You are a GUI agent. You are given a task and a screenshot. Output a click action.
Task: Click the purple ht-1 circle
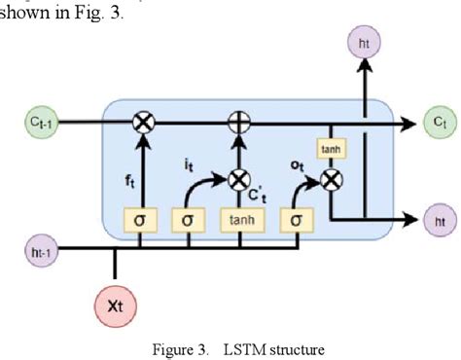38,251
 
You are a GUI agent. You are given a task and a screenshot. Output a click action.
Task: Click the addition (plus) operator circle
236,122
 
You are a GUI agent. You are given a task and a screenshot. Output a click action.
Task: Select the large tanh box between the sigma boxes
237,220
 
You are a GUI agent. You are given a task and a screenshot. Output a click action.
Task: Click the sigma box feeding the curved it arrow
187,220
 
